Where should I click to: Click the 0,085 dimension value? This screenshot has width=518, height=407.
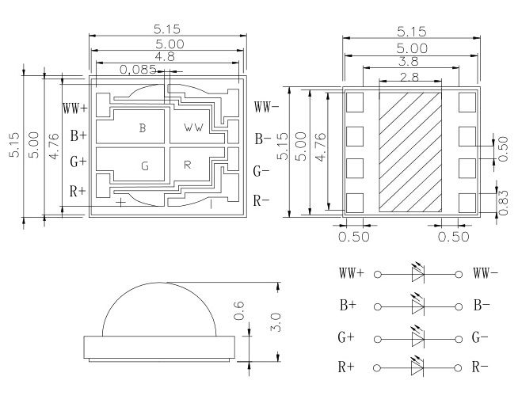tap(138, 70)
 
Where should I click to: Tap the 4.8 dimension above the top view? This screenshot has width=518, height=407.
tap(166, 58)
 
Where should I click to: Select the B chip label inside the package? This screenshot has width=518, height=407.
tap(143, 128)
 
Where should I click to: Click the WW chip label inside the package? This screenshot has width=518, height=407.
tap(194, 127)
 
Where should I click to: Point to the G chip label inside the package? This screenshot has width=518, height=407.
tap(144, 166)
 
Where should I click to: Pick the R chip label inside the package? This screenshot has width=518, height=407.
tap(188, 165)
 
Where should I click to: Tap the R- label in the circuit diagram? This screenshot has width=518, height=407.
tap(480, 367)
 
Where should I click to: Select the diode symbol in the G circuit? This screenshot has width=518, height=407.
tap(419, 337)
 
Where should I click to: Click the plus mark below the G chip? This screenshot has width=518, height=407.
tap(120, 202)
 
